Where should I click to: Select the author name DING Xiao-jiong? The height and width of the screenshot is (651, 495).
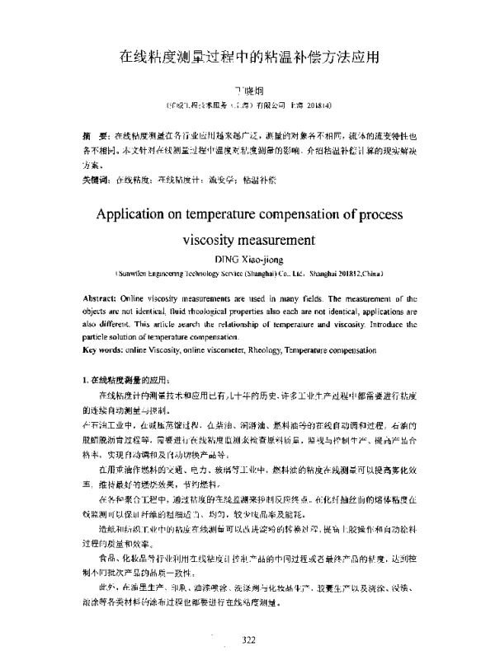(247, 258)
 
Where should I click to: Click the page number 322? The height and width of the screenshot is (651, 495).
(248, 639)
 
